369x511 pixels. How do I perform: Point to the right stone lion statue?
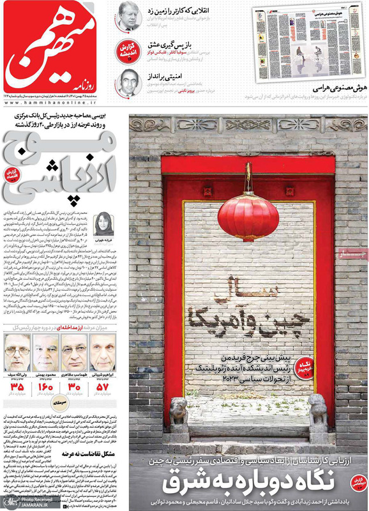coord(317,412)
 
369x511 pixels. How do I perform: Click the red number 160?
coord(45,388)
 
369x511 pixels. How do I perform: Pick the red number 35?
coord(17,388)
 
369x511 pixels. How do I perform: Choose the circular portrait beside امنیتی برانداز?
coord(129,82)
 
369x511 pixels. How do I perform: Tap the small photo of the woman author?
coord(103,225)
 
